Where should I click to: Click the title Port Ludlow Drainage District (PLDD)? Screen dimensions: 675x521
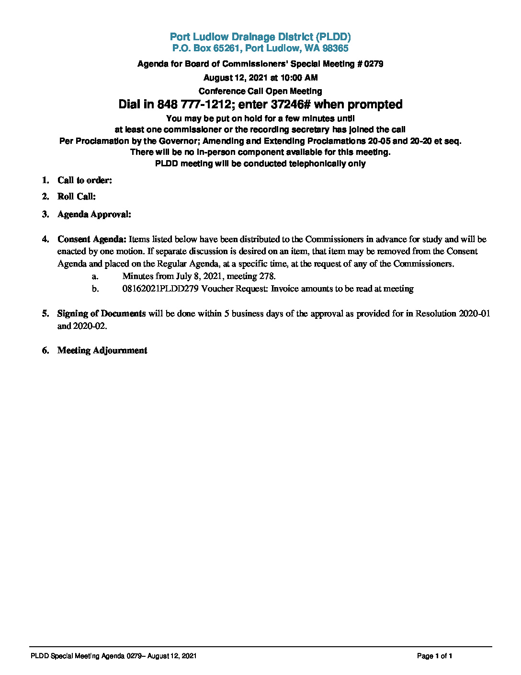point(260,37)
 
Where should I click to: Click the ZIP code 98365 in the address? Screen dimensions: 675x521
point(335,48)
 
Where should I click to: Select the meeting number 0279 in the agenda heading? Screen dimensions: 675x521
point(374,64)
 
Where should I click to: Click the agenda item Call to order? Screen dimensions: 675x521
point(85,180)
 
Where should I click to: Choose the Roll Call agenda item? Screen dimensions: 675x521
point(77,197)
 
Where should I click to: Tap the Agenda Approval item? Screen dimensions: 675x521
point(94,214)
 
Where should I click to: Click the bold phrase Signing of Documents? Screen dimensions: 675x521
point(102,314)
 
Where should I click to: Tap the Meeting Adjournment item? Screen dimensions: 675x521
point(102,350)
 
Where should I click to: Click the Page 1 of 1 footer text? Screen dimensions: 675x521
point(434,656)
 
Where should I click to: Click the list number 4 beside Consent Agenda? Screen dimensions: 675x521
point(45,239)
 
